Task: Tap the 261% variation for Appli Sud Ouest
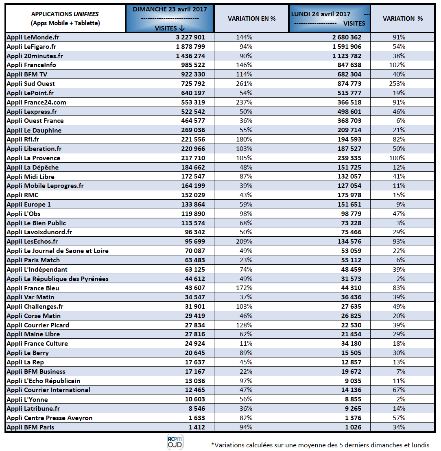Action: (x=244, y=83)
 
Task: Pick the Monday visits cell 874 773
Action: (x=344, y=83)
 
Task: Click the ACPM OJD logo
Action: (x=175, y=442)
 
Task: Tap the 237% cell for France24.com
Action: (x=244, y=102)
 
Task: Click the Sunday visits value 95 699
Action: (x=192, y=241)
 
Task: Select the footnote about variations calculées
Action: (x=320, y=444)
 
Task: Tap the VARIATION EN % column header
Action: (x=251, y=19)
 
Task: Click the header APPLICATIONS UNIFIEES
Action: (x=65, y=19)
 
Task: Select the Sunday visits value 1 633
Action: (x=196, y=418)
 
